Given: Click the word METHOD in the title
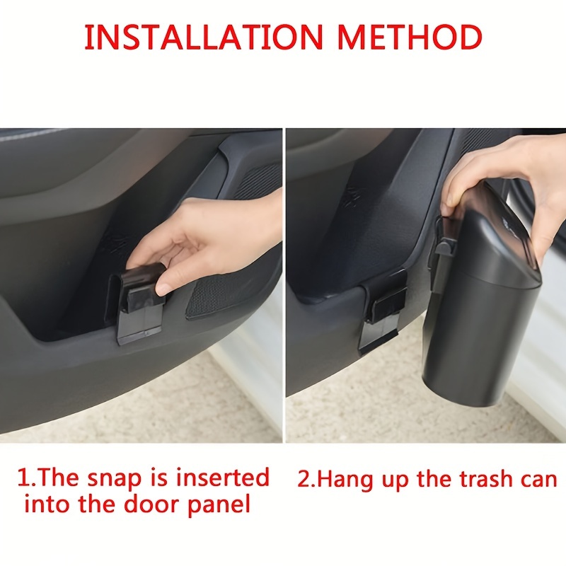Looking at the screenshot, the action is coord(410,37).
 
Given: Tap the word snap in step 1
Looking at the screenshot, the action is coord(115,479).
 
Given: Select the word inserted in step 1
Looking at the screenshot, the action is coord(223,477).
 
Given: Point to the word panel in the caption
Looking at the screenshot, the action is coord(219,505).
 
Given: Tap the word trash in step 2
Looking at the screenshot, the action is coord(486,479).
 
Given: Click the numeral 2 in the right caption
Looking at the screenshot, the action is coord(304,479).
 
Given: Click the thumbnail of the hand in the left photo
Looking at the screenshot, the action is coord(164,289).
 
